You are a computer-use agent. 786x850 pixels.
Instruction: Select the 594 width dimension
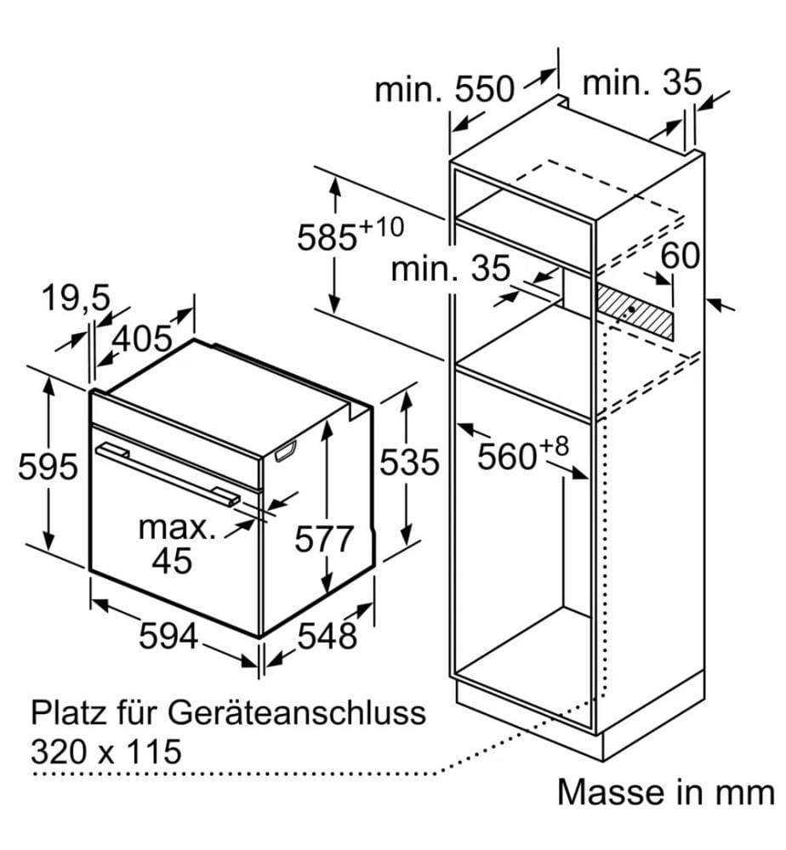tap(168, 635)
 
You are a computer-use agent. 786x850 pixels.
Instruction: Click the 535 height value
tap(409, 462)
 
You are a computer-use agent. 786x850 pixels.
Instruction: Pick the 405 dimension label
tap(142, 339)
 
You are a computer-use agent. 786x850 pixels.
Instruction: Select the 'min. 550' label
tap(444, 88)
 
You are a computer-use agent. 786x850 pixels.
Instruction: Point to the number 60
tap(681, 255)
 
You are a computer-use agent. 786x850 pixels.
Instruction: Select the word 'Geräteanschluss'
tap(296, 713)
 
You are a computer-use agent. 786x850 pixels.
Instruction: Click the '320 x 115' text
tap(106, 751)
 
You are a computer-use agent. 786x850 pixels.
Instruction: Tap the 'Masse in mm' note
tap(665, 792)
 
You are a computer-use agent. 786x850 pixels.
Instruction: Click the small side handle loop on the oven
tap(286, 451)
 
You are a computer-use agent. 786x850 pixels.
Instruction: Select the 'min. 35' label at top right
tap(641, 83)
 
